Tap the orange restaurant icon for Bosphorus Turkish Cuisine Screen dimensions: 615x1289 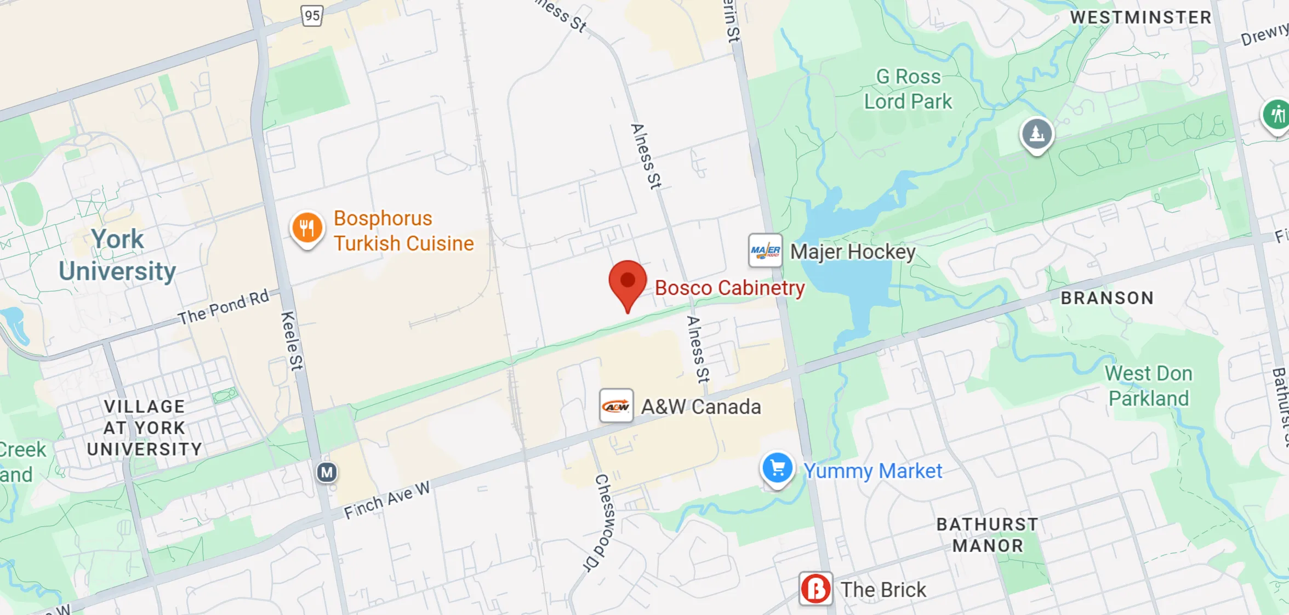point(307,228)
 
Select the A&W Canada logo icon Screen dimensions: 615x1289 point(617,406)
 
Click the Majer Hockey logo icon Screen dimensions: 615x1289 point(765,251)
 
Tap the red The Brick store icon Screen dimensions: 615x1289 point(815,589)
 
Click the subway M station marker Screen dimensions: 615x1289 point(327,472)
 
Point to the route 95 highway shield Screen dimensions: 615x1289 point(312,15)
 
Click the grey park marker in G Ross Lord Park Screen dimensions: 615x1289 point(1036,134)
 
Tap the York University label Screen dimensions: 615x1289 point(117,255)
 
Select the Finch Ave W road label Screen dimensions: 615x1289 point(386,500)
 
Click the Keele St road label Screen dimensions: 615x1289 point(291,340)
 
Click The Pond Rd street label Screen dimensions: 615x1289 point(224,307)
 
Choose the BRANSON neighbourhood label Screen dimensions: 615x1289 point(1107,298)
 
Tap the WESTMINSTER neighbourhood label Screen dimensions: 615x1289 point(1140,18)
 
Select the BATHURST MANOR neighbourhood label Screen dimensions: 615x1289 point(987,535)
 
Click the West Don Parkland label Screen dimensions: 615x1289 point(1148,386)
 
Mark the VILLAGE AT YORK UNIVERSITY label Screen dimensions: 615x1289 point(145,428)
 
